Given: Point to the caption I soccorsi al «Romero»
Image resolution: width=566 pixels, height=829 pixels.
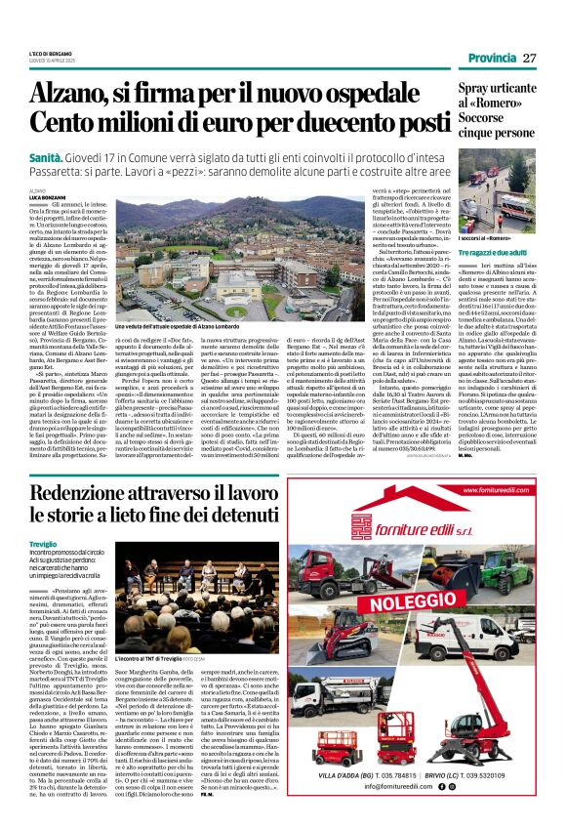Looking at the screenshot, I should click(459, 238).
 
